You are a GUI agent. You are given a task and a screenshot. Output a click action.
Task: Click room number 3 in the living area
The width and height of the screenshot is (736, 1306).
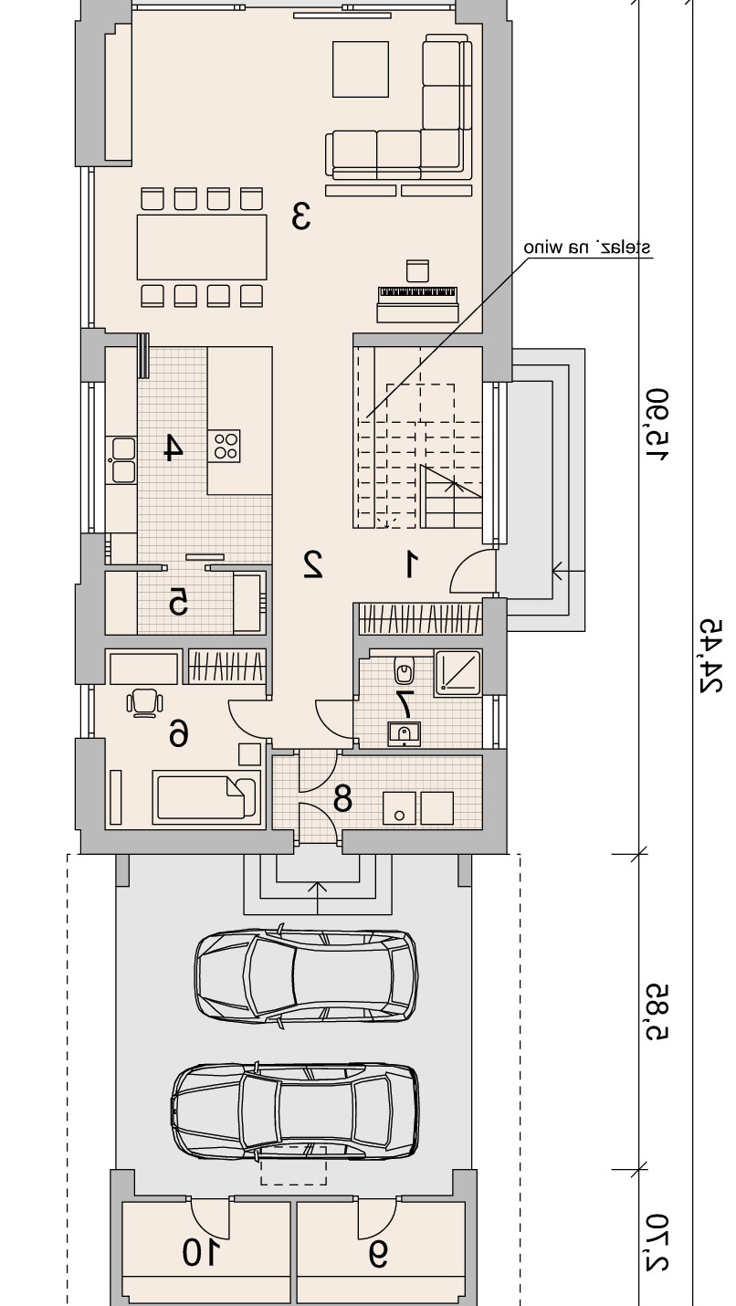[301, 216]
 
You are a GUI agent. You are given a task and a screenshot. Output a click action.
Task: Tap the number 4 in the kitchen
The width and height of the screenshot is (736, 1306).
[173, 448]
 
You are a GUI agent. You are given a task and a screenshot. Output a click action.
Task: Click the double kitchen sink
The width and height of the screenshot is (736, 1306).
[124, 460]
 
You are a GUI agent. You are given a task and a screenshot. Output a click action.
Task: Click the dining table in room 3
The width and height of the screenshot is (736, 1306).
[202, 247]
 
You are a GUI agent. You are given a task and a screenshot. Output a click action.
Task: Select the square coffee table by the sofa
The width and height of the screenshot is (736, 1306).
[360, 68]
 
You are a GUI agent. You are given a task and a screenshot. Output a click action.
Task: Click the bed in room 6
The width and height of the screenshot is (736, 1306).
[205, 797]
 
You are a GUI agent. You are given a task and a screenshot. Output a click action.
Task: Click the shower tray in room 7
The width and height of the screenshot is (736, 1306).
[458, 673]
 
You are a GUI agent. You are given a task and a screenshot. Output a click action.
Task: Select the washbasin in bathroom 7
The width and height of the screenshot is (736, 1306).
[404, 733]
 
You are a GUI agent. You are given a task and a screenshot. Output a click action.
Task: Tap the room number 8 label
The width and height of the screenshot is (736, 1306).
[342, 799]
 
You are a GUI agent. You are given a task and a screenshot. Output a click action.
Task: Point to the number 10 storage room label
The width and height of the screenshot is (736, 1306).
[202, 1253]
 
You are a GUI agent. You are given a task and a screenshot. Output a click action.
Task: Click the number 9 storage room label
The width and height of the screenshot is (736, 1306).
[378, 1254]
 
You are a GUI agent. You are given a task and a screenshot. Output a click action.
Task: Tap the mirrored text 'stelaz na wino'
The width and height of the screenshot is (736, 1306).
[587, 248]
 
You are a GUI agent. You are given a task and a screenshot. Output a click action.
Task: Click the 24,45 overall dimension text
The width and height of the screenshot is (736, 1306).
[710, 656]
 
